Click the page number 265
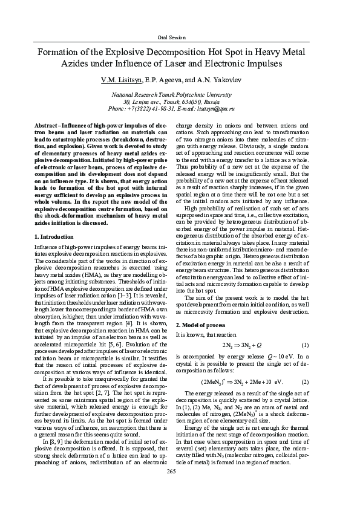coord(180,488)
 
